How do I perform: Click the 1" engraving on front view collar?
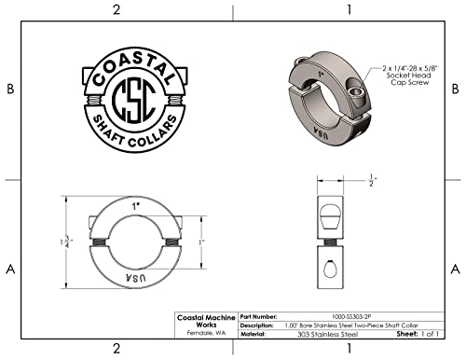(x=136, y=204)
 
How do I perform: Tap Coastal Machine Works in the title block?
(x=207, y=321)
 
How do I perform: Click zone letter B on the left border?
(x=10, y=89)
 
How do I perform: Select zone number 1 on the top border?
(x=348, y=9)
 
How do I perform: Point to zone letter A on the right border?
(x=454, y=270)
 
